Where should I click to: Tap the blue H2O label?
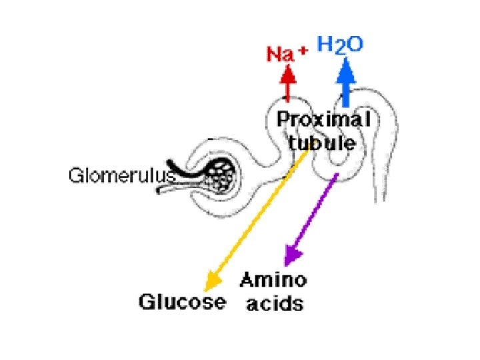340,45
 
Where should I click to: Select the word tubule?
322,143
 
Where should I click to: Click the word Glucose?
181,301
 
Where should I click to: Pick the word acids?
275,304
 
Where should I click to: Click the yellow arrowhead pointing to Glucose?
211,281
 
